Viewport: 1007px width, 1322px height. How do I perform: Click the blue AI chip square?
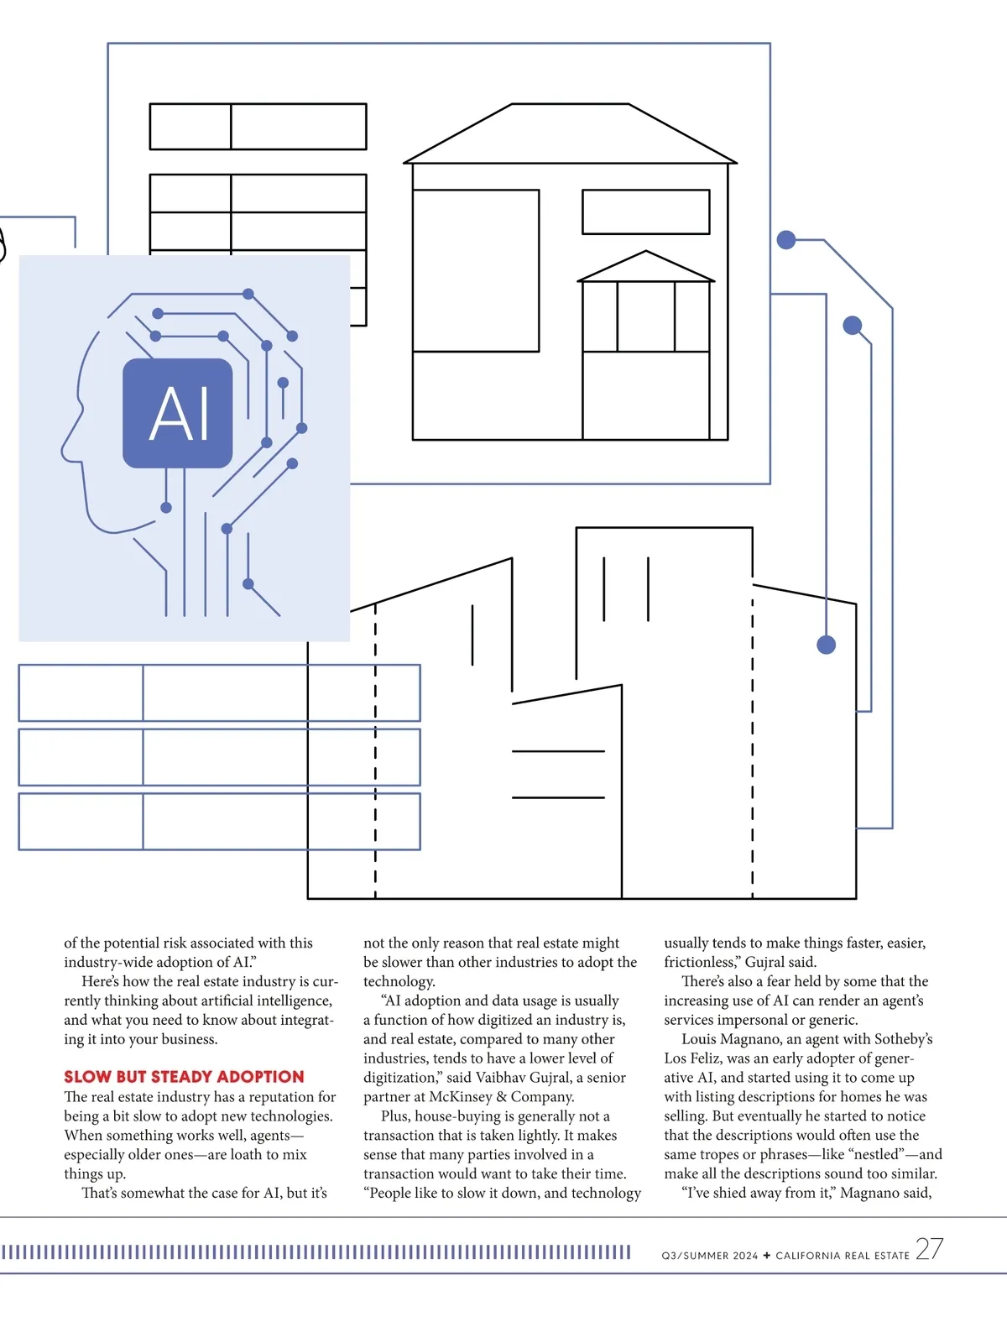tap(178, 413)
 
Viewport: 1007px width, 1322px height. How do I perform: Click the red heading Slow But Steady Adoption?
tap(184, 1077)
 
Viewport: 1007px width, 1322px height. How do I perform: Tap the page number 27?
tap(929, 1249)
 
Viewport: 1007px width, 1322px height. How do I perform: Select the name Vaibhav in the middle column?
tap(505, 1078)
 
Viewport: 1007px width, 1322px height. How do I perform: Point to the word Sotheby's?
tap(903, 1039)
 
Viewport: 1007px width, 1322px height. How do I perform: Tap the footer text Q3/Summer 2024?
tap(709, 1256)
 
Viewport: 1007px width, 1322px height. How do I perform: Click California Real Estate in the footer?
tap(843, 1256)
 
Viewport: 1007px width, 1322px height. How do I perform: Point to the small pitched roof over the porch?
tap(646, 267)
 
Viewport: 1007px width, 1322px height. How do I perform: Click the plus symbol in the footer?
tap(766, 1256)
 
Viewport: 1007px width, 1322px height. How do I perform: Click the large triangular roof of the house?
tap(571, 134)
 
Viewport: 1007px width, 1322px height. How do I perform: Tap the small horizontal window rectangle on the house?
tap(645, 212)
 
